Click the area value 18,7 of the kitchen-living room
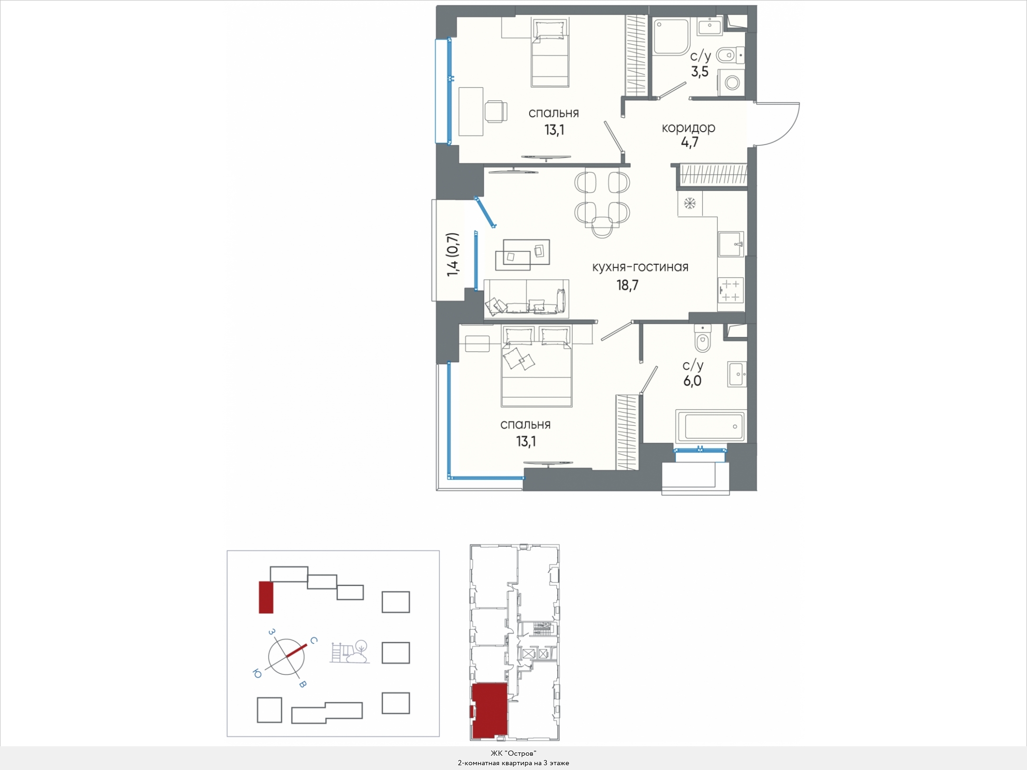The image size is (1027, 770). pyautogui.click(x=627, y=285)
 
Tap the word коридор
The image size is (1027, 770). pyautogui.click(x=688, y=127)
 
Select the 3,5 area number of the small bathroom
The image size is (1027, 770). pyautogui.click(x=699, y=72)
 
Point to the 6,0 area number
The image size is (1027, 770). pyautogui.click(x=692, y=381)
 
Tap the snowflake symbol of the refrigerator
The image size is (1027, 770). pyautogui.click(x=690, y=204)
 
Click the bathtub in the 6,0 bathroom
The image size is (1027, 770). pyautogui.click(x=711, y=426)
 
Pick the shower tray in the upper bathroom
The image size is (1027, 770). pyautogui.click(x=671, y=37)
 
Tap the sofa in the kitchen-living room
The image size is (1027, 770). pyautogui.click(x=526, y=298)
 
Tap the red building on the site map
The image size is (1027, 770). pyautogui.click(x=266, y=597)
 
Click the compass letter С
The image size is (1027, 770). pyautogui.click(x=314, y=641)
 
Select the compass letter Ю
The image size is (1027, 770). pyautogui.click(x=257, y=674)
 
